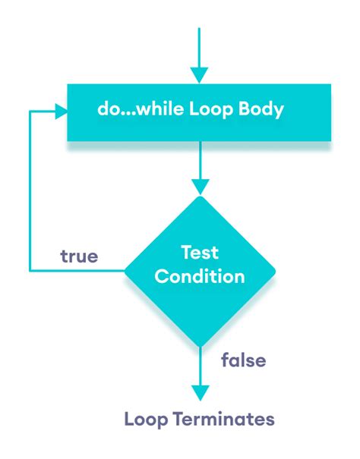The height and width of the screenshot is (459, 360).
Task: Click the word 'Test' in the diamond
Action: [199, 252]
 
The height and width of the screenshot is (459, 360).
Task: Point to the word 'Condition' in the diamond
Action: [199, 277]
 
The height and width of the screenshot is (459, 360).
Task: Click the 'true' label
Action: [79, 256]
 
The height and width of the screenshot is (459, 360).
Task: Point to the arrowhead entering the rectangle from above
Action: [199, 74]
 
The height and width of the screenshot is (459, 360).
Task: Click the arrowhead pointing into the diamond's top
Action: [199, 185]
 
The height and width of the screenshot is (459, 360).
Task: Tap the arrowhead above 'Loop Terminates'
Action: [199, 391]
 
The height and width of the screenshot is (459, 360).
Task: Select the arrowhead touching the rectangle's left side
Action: [60, 111]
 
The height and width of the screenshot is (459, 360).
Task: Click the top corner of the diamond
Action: [199, 196]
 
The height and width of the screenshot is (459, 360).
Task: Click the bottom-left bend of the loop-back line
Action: [30, 269]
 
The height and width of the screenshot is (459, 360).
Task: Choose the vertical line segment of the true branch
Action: [30, 190]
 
